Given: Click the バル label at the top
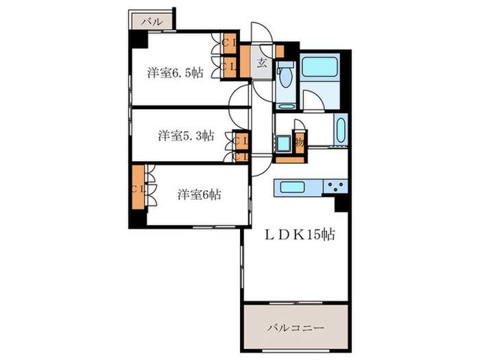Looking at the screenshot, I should coord(152,21).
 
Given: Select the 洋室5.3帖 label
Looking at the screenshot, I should coord(186,135).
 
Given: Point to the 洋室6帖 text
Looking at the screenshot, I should coord(199,194).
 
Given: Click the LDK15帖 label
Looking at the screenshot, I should coord(300,235).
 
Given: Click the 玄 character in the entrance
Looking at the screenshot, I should coord(262,65).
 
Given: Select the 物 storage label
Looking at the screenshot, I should coord(300,143).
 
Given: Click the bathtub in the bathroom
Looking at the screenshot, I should coord(320,67).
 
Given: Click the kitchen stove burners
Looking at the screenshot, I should coord(337,187).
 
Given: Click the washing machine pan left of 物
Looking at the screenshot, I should coord(283,145).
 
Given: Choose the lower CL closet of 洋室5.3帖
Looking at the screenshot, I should coord(240,156).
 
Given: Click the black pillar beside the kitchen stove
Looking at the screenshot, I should coord(341,204).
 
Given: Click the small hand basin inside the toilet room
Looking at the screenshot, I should coord(280,69).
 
